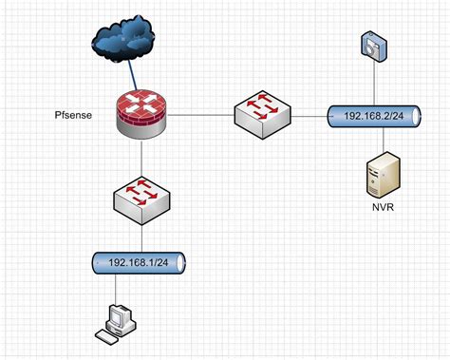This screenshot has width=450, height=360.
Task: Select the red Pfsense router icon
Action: pos(142,114)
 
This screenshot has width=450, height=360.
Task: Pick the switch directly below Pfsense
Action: pos(141,195)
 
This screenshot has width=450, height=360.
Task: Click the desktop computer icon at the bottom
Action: pos(119,320)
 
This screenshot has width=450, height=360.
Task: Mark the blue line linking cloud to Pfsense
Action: pos(130,77)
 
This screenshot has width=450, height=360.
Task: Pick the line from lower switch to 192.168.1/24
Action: pos(141,237)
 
